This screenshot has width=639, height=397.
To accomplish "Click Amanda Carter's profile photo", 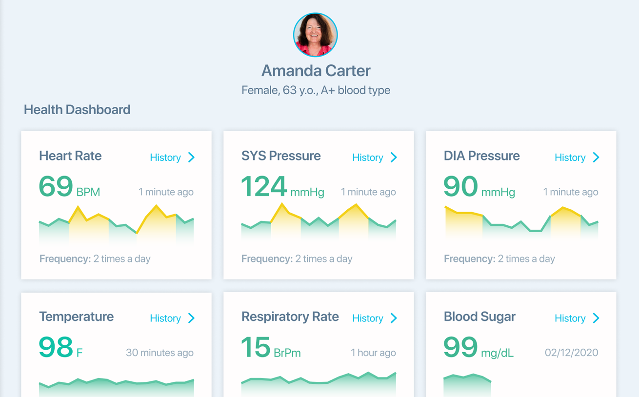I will pyautogui.click(x=315, y=35).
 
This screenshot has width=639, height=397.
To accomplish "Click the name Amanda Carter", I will pyautogui.click(x=316, y=71).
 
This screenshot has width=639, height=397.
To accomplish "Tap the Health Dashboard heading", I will pyautogui.click(x=77, y=110).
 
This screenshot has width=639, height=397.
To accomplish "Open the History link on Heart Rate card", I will pyautogui.click(x=172, y=158).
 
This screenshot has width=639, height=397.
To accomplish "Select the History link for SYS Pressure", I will pyautogui.click(x=375, y=158).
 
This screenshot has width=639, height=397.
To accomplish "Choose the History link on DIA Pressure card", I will pyautogui.click(x=577, y=158).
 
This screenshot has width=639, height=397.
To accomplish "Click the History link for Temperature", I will pyautogui.click(x=172, y=318).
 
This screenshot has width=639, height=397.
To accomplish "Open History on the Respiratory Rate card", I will pyautogui.click(x=375, y=318).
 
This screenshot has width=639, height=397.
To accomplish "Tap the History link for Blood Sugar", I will pyautogui.click(x=577, y=318).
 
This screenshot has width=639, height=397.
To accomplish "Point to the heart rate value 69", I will pyautogui.click(x=56, y=187).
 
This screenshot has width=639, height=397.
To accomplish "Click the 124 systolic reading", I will pyautogui.click(x=264, y=187).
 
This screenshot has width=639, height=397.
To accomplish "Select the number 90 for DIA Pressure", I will pyautogui.click(x=460, y=187).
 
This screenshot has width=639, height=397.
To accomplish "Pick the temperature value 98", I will pyautogui.click(x=56, y=348).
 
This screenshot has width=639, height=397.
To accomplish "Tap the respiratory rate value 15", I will pyautogui.click(x=256, y=348).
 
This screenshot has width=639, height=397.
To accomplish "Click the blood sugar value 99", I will pyautogui.click(x=460, y=348).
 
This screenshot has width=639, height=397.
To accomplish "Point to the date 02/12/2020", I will pyautogui.click(x=571, y=353).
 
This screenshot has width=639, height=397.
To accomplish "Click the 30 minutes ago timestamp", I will pyautogui.click(x=160, y=353).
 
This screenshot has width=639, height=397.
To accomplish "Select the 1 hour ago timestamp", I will pyautogui.click(x=373, y=353).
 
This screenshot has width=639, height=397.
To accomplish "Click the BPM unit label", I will pyautogui.click(x=88, y=192).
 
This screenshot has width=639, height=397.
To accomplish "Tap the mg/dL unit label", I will pyautogui.click(x=497, y=353).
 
